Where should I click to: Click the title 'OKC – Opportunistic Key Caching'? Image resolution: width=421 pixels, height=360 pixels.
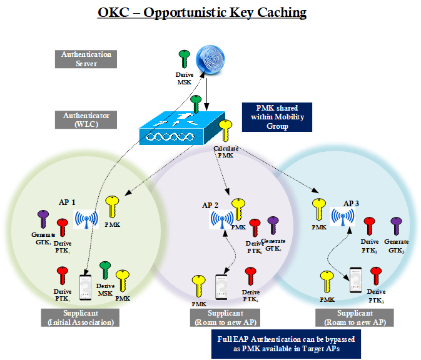tap(202, 13)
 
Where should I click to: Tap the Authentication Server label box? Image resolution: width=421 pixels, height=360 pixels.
tap(87, 59)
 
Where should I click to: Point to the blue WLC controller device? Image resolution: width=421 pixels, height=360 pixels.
tap(182, 128)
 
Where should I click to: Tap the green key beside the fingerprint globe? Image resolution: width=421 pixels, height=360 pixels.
tap(184, 60)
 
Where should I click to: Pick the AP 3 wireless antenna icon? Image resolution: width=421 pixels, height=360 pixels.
tap(342, 216)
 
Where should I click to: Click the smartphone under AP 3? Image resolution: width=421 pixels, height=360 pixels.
tap(355, 279)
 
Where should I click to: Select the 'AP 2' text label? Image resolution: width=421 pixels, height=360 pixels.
tap(210, 205)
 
